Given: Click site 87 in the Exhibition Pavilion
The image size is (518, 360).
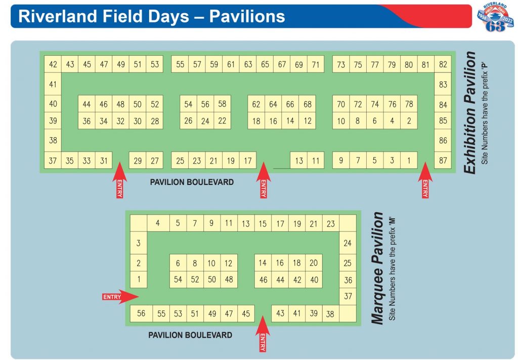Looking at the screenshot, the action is coord(443,161).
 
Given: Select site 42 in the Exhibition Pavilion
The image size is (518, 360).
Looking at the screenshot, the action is coord(53,64).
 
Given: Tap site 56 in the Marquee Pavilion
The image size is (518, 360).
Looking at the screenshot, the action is coord(141,313).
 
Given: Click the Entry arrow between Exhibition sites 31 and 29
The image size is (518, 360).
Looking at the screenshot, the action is coord(119,179).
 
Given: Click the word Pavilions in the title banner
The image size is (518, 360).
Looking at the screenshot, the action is coord(247,16).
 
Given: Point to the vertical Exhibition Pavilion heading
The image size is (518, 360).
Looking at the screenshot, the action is coord(470,112).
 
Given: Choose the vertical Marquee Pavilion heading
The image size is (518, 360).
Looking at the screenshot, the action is coord(378,268).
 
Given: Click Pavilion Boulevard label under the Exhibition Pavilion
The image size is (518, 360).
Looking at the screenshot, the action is coord(192,182).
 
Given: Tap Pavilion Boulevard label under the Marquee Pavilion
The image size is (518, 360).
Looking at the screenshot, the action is coord(190,335).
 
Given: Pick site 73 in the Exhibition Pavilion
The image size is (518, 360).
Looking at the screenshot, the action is coord(341,64).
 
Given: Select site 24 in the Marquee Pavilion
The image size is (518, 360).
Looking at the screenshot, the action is coord(348,243).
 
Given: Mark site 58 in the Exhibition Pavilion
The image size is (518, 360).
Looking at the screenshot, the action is coord(222,104).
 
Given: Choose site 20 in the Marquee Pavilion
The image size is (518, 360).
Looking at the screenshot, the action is coord(314,263).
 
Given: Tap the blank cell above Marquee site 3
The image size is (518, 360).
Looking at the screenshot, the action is coord(138,223).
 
